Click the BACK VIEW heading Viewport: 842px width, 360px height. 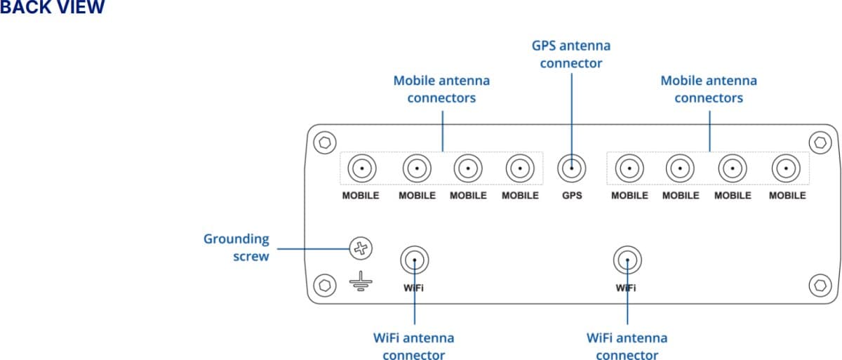coord(52,8)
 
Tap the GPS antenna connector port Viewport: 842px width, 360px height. coord(571,168)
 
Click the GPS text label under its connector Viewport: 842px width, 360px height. coord(571,196)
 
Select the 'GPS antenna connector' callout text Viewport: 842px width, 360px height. coord(570,54)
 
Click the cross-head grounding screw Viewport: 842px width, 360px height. coord(360,247)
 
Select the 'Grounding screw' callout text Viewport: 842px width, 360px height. coord(236,248)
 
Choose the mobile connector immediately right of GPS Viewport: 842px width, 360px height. coord(629,168)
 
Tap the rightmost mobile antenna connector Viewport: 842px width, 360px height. coord(786,168)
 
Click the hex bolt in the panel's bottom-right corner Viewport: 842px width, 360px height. coord(820,285)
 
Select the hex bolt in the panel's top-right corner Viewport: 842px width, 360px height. coord(820,142)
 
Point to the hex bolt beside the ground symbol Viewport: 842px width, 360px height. coord(323,285)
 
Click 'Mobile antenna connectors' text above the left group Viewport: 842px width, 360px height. coord(441,89)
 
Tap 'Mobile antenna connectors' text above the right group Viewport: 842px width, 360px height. coord(708,89)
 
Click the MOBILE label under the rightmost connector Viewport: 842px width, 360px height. coord(787,196)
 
